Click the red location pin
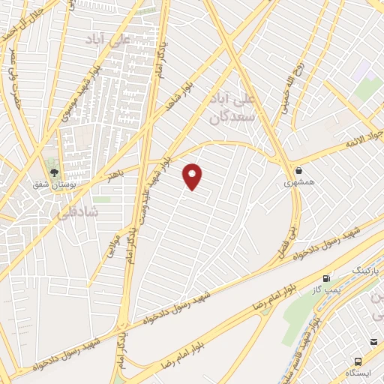[193, 175]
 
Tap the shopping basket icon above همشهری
[299, 170]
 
